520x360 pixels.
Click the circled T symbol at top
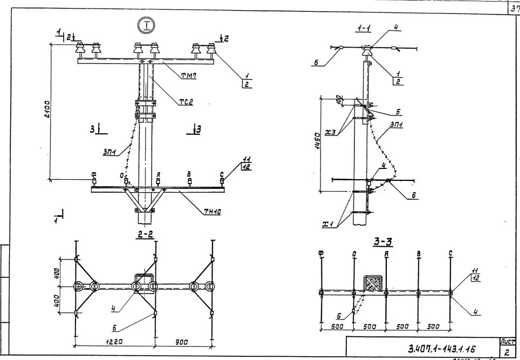(x=146, y=25)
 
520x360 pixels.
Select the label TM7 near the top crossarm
(x=188, y=76)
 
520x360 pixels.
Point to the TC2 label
(x=187, y=101)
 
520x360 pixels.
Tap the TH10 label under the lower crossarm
(x=213, y=211)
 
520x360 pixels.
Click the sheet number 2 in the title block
(x=507, y=351)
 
